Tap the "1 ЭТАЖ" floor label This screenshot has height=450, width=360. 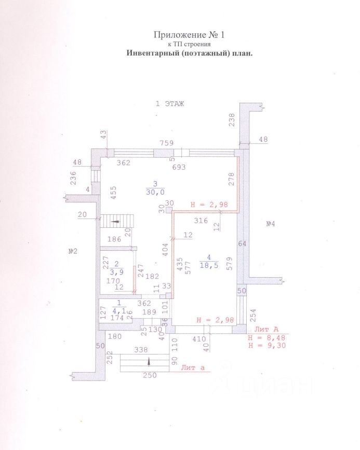pos(171,103)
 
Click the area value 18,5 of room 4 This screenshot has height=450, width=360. pos(210,265)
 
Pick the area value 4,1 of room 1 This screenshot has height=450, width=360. pos(120,311)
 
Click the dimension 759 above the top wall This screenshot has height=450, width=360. pos(167,143)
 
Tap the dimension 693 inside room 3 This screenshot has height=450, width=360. pos(179,167)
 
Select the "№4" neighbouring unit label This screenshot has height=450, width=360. pos(270,224)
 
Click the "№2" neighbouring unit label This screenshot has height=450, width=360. pos(73,252)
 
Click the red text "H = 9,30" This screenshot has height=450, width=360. pos(266,345)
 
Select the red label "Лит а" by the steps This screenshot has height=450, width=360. pos(193,368)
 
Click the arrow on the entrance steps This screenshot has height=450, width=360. pos(150,362)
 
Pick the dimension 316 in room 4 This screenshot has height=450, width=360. pos(201,221)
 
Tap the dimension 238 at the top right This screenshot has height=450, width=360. pos(232,120)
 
